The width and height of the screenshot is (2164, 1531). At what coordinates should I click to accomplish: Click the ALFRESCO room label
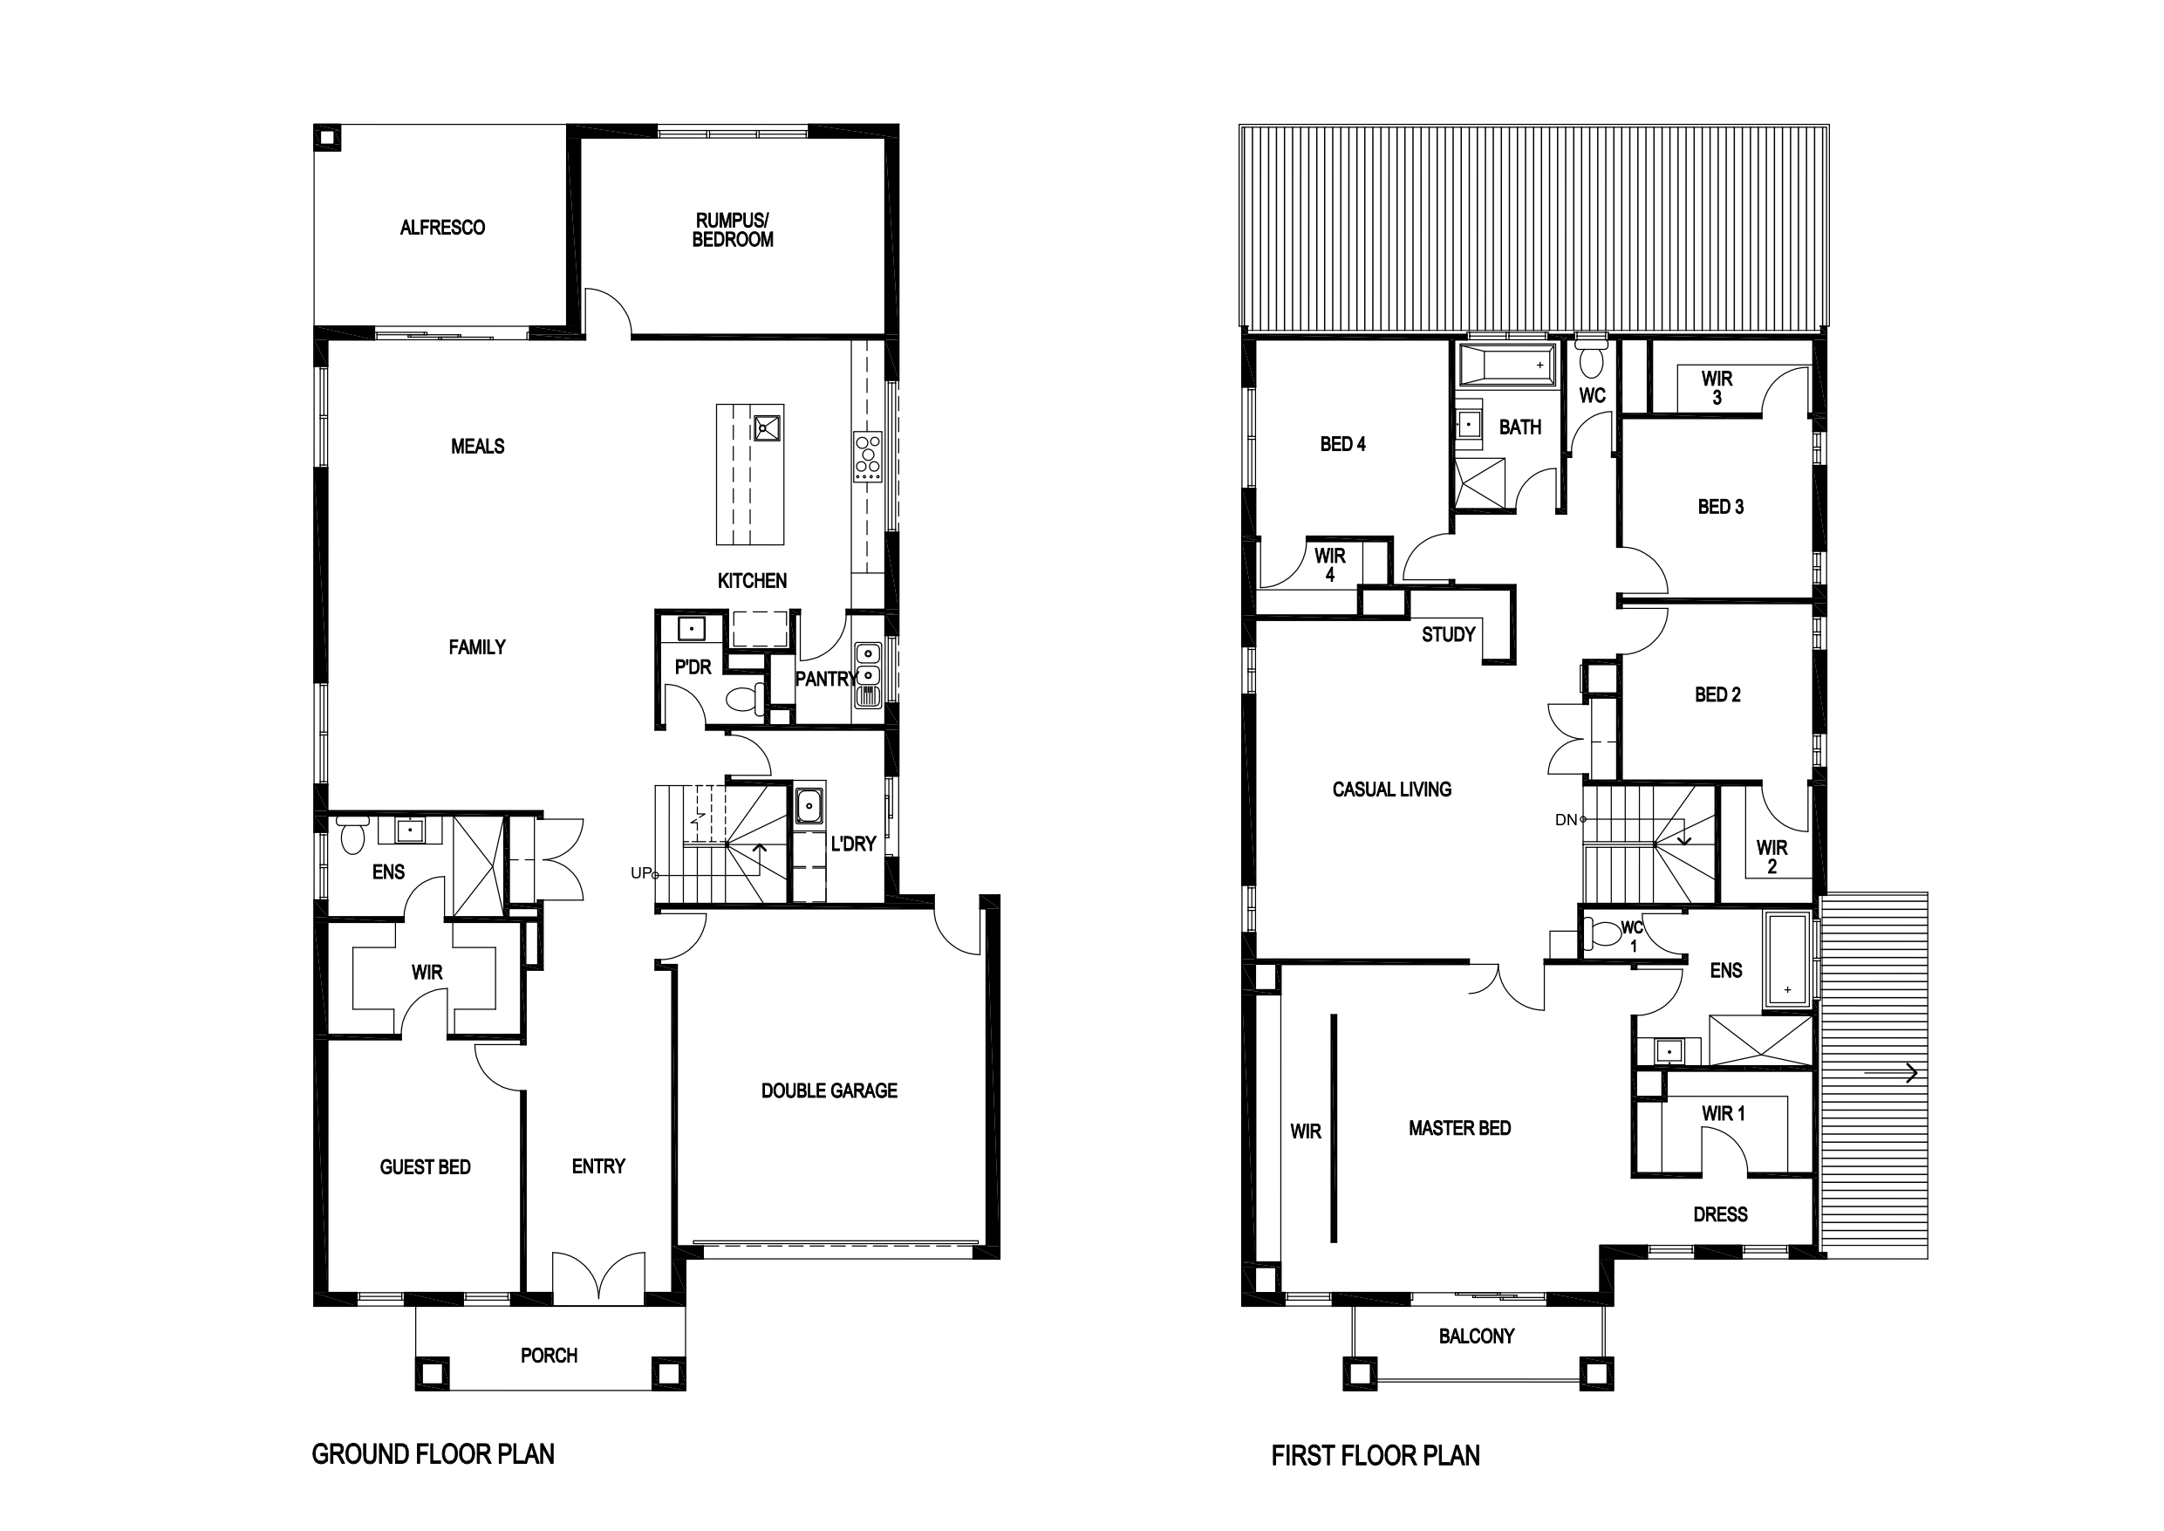click(442, 227)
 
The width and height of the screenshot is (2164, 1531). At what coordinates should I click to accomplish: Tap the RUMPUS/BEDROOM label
click(733, 230)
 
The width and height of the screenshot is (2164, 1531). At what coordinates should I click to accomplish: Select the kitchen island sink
click(767, 428)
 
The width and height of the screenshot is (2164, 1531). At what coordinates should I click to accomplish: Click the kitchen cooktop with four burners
click(867, 457)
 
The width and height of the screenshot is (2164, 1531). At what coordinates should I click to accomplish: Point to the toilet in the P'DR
click(747, 699)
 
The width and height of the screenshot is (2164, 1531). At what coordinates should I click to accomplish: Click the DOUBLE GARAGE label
click(829, 1090)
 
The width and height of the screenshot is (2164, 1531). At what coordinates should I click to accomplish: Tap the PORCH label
click(549, 1356)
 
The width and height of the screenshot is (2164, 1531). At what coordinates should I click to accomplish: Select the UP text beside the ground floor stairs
click(641, 873)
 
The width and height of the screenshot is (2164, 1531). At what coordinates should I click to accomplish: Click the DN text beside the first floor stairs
click(1566, 820)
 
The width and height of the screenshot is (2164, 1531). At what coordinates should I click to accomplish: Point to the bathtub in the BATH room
click(1506, 365)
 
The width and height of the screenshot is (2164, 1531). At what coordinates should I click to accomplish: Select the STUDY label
click(1449, 634)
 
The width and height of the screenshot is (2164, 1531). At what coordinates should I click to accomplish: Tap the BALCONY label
click(1476, 1336)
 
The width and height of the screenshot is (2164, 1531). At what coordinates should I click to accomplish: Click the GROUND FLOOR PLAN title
click(433, 1453)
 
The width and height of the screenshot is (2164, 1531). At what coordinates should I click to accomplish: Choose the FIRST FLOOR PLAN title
click(1376, 1456)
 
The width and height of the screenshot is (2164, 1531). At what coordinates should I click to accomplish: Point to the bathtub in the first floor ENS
click(1787, 959)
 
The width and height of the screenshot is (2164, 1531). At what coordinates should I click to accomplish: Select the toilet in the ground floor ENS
click(352, 835)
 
